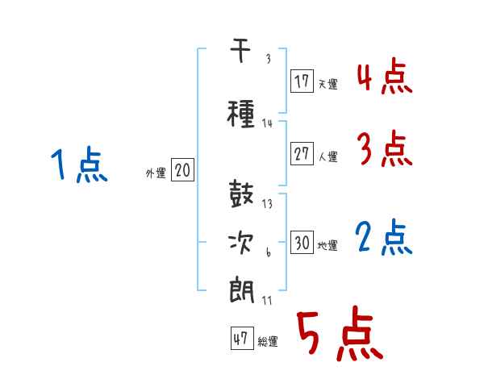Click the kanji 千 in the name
(x=240, y=50)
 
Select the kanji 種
(x=241, y=114)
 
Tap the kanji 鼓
(x=241, y=194)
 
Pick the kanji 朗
(x=242, y=291)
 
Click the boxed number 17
(x=302, y=81)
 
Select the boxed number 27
(x=302, y=153)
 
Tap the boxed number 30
(x=302, y=242)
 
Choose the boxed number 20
(x=182, y=170)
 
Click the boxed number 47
(x=242, y=339)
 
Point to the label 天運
(x=328, y=84)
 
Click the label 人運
(x=328, y=156)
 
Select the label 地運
(x=328, y=246)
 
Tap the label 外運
(x=156, y=173)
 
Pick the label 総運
(x=268, y=342)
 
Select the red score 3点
(x=385, y=148)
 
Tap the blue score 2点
(x=384, y=237)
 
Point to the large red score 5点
(x=340, y=333)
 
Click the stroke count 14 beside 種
(x=267, y=123)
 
